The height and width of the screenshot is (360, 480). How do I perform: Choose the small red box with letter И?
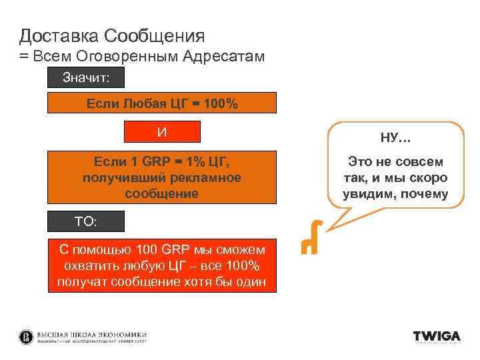click(x=162, y=132)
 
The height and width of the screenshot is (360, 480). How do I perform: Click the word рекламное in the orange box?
click(x=207, y=177)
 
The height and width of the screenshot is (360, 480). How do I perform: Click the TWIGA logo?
click(x=437, y=336)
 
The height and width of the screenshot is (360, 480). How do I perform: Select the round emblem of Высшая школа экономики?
click(x=26, y=337)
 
